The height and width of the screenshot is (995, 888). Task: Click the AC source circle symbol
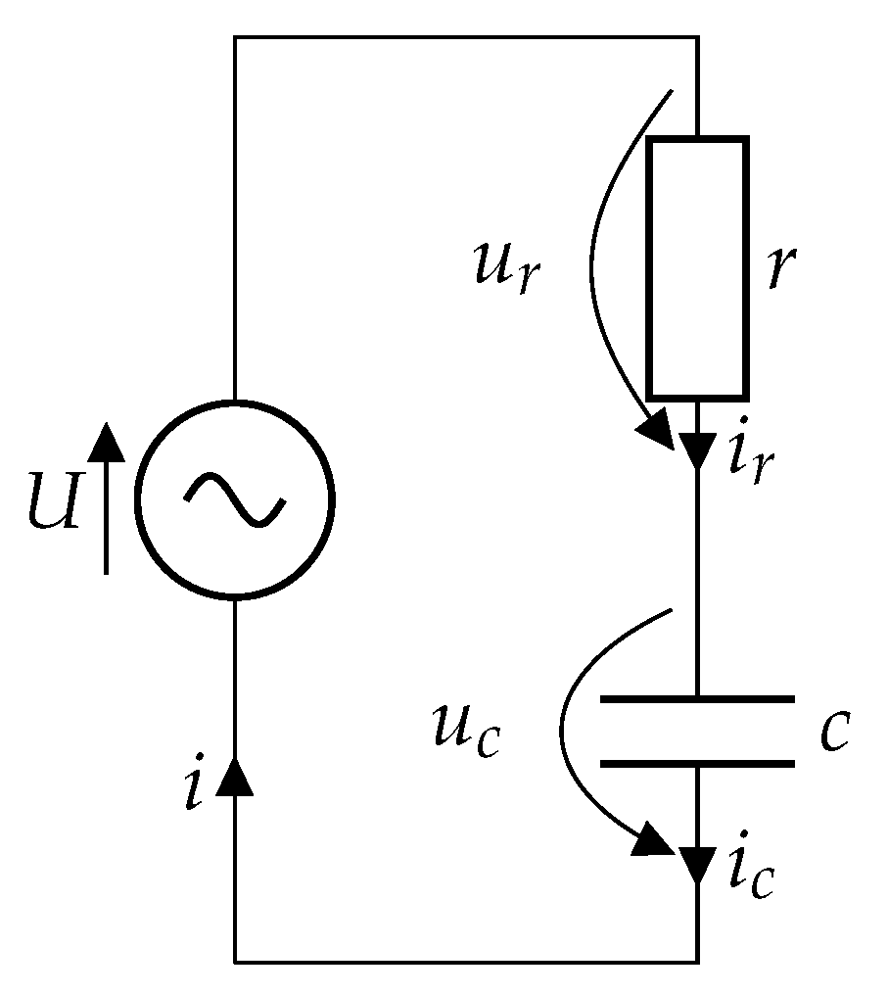[234, 498]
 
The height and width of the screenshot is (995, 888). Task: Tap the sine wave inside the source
[235, 498]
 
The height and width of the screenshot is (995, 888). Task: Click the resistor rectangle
[696, 268]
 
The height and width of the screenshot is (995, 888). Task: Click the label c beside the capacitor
[833, 733]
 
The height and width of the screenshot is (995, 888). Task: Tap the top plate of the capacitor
[696, 699]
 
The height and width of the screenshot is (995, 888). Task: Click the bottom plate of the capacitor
[696, 763]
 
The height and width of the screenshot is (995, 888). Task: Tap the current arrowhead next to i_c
[697, 863]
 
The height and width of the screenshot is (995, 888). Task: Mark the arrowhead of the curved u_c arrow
[653, 839]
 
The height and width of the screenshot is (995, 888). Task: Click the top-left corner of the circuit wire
[235, 37]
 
